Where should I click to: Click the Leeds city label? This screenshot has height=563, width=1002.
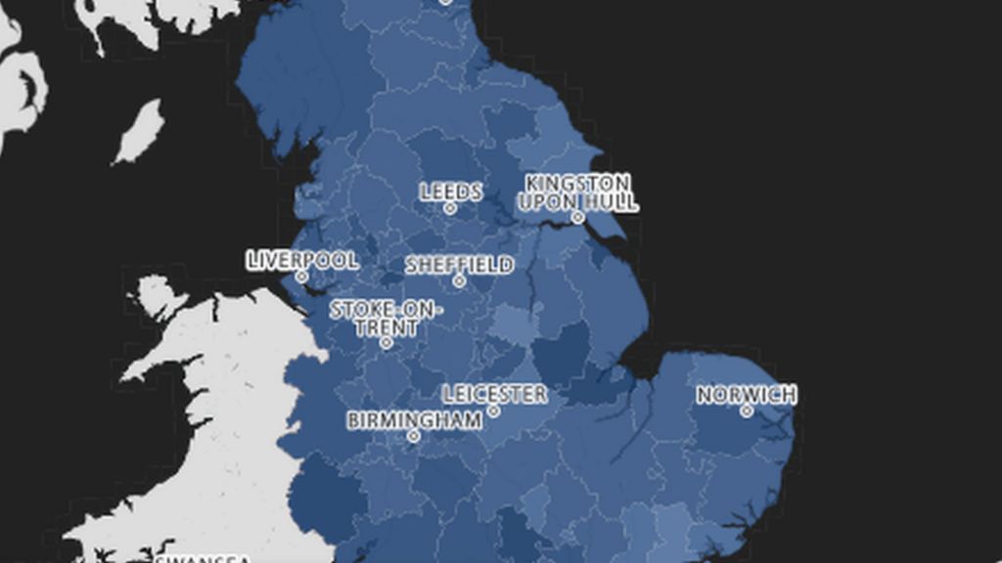pyautogui.click(x=451, y=192)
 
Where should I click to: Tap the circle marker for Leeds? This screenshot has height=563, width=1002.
pyautogui.click(x=450, y=208)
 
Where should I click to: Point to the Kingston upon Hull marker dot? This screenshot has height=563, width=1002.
pyautogui.click(x=578, y=218)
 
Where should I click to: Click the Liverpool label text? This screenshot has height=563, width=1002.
pyautogui.click(x=302, y=261)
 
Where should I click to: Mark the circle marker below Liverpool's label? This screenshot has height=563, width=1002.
pyautogui.click(x=301, y=277)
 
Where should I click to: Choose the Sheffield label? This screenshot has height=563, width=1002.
pyautogui.click(x=459, y=265)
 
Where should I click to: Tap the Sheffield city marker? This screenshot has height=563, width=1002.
pyautogui.click(x=459, y=281)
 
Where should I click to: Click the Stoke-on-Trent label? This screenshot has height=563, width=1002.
pyautogui.click(x=386, y=319)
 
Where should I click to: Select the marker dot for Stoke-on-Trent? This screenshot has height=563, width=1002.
pyautogui.click(x=387, y=343)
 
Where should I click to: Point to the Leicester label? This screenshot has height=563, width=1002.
pyautogui.click(x=494, y=394)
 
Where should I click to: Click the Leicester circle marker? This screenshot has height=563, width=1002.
pyautogui.click(x=494, y=411)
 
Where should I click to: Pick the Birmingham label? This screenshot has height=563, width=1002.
pyautogui.click(x=415, y=420)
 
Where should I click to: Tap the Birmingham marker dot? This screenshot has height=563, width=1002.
pyautogui.click(x=413, y=436)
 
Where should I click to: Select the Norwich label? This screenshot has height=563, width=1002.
pyautogui.click(x=747, y=395)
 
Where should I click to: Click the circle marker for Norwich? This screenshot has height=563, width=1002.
pyautogui.click(x=747, y=411)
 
